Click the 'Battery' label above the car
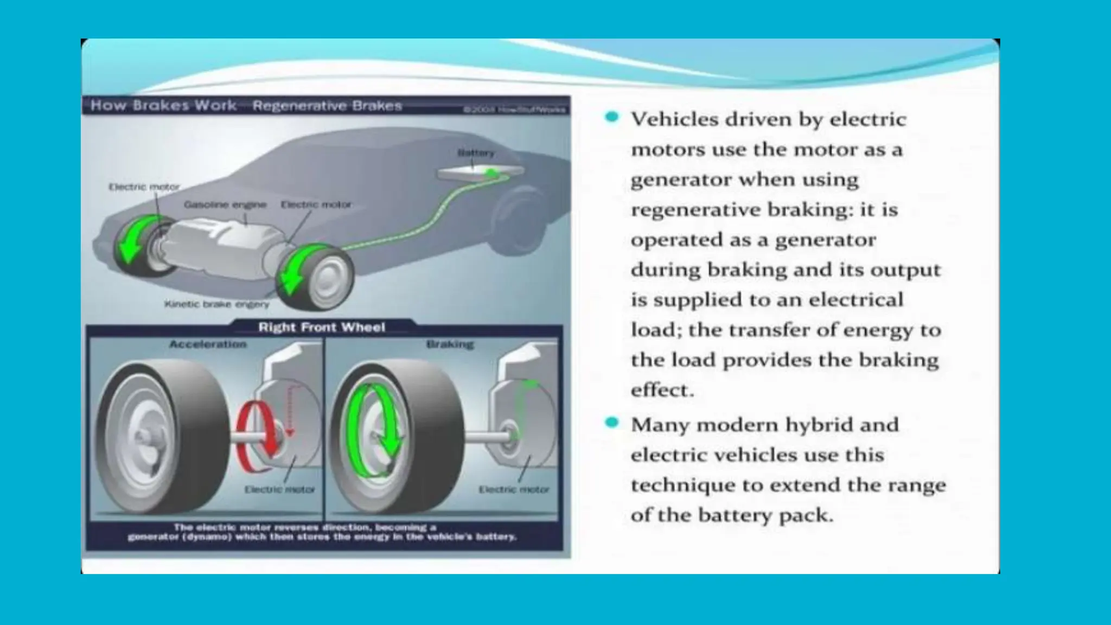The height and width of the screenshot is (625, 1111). pyautogui.click(x=476, y=154)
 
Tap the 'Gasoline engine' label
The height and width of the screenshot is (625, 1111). pyautogui.click(x=225, y=205)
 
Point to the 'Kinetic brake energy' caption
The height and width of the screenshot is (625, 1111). pyautogui.click(x=216, y=304)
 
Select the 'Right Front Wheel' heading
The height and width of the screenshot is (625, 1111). pyautogui.click(x=322, y=327)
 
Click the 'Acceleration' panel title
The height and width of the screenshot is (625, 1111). pyautogui.click(x=208, y=344)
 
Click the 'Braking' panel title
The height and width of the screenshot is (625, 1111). pyautogui.click(x=450, y=344)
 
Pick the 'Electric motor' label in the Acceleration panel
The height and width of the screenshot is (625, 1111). pyautogui.click(x=279, y=489)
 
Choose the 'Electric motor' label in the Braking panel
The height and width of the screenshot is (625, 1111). pyautogui.click(x=514, y=489)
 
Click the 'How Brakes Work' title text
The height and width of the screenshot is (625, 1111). pyautogui.click(x=163, y=105)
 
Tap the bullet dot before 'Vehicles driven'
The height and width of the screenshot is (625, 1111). pyautogui.click(x=612, y=117)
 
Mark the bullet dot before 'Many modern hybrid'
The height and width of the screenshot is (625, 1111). pyautogui.click(x=612, y=422)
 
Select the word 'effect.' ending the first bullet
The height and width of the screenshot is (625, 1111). pyautogui.click(x=662, y=390)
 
